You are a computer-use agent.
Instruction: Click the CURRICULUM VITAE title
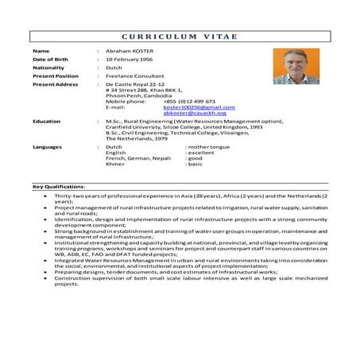coord(180,37)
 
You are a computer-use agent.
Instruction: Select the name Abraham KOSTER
coord(132,51)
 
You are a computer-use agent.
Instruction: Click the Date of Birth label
coord(52,60)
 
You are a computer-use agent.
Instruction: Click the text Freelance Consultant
coord(136,76)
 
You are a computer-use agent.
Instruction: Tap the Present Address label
coord(55,84)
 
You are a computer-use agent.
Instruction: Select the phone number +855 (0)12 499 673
coord(189,102)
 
